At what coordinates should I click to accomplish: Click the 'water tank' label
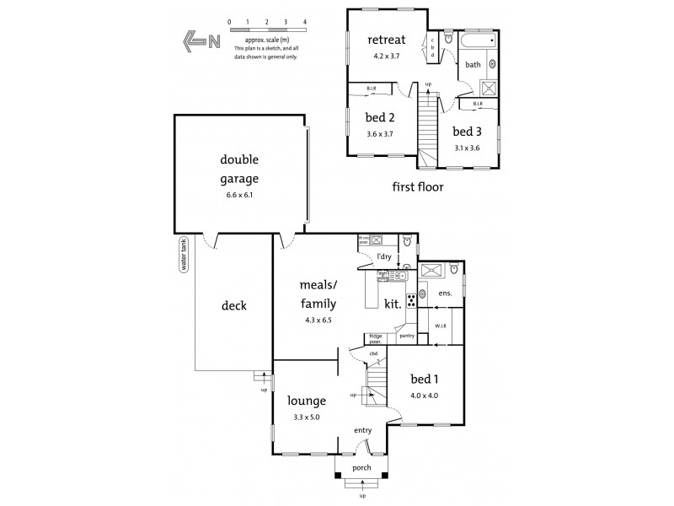pyautogui.click(x=182, y=254)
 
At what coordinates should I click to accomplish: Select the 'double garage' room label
pyautogui.click(x=240, y=170)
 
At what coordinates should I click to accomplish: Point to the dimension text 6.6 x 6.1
pyautogui.click(x=240, y=195)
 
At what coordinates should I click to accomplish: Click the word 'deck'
pyautogui.click(x=233, y=305)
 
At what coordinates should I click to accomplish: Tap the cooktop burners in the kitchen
pyautogui.click(x=412, y=300)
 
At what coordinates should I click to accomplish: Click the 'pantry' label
pyautogui.click(x=407, y=336)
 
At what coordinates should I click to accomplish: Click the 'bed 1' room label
pyautogui.click(x=424, y=379)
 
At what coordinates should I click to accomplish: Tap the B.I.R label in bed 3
pyautogui.click(x=478, y=105)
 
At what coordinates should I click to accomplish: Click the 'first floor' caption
pyautogui.click(x=418, y=186)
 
